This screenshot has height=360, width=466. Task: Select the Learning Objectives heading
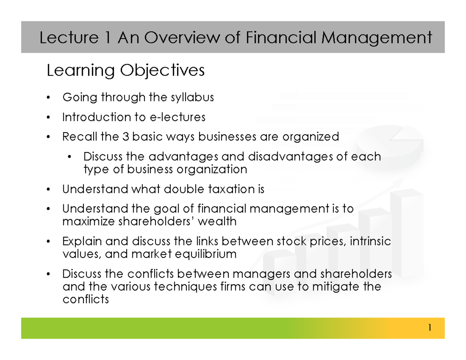pyautogui.click(x=125, y=71)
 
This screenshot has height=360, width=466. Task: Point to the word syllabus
pyautogui.click(x=193, y=97)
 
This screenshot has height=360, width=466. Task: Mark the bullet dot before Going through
pyautogui.click(x=48, y=97)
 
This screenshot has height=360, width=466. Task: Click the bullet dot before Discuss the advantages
pyautogui.click(x=69, y=157)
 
